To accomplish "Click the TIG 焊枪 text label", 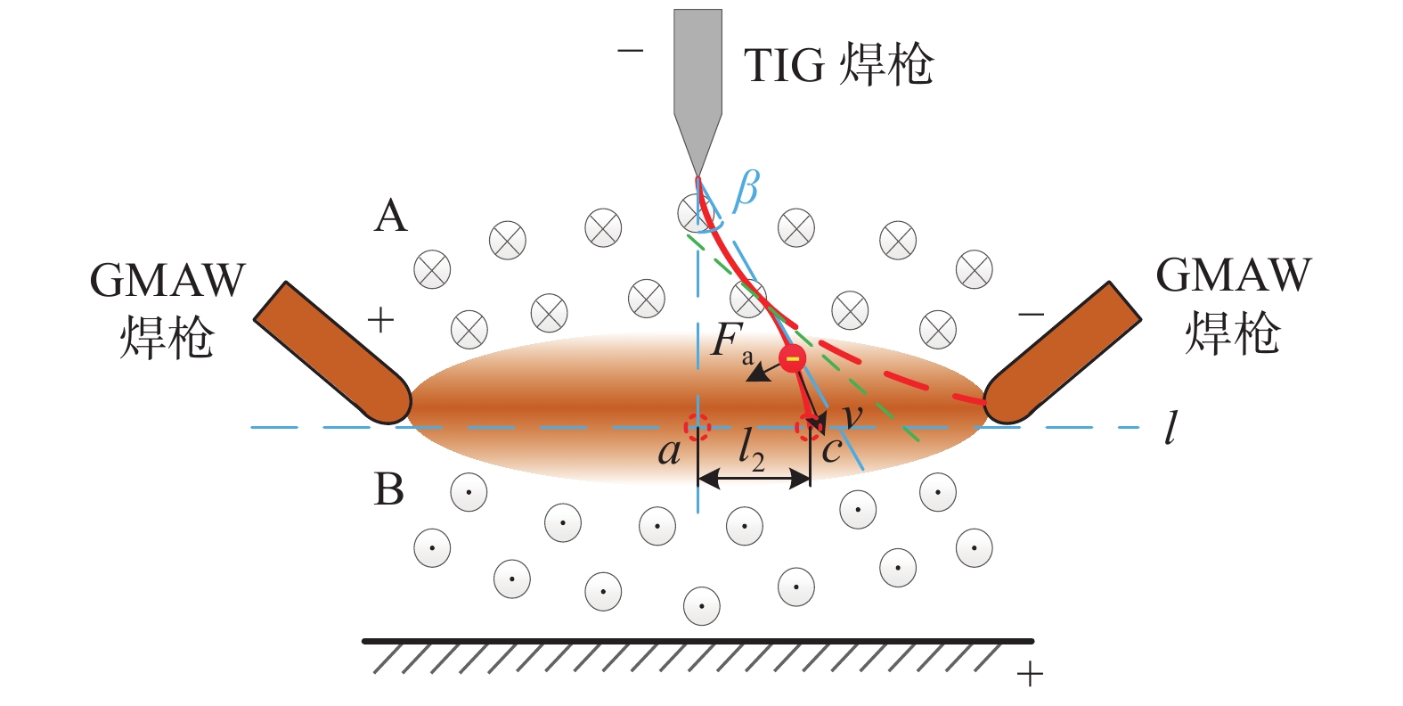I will (x=838, y=65).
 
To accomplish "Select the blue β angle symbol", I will (x=746, y=189).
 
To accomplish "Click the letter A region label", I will (x=390, y=216).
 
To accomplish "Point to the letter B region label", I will (x=389, y=489).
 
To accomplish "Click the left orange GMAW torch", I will (x=331, y=352).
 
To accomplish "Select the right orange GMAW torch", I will (x=1063, y=352).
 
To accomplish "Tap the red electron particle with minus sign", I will (x=792, y=358).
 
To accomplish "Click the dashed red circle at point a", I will (x=697, y=428).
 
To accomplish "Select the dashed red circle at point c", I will (x=809, y=428).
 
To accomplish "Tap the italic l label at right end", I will (x=1171, y=428).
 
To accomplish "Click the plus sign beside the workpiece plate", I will (x=1029, y=674).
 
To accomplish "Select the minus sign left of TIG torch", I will (x=630, y=50).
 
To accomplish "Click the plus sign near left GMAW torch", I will (x=380, y=319).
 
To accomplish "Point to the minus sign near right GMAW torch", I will (x=1031, y=314).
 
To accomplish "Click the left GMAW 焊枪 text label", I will (x=167, y=308).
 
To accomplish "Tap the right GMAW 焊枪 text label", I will (x=1233, y=304).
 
